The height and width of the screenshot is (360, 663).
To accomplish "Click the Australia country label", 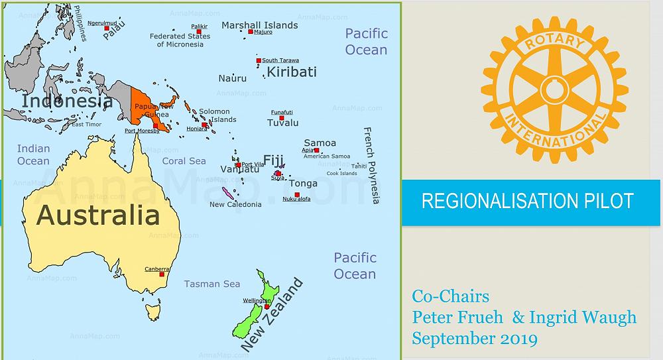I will coord(97,215).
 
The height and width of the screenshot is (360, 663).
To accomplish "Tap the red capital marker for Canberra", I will coord(162,274).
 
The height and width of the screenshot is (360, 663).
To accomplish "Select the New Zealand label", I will coord(272,315).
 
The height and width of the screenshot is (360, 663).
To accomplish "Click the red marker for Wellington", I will coord(267,306).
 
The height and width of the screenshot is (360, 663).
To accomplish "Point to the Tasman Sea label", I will coord(212,284).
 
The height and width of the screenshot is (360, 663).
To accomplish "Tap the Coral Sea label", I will coord(184,161).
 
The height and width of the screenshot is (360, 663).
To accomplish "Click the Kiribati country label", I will coord(292,72).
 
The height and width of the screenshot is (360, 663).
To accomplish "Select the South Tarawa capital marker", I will coord(259,61).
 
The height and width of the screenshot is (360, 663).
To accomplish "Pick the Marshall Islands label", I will coord(259,25).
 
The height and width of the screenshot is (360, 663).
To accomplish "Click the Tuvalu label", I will coord(282,123).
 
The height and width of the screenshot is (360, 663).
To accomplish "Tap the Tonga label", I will coord(303,184).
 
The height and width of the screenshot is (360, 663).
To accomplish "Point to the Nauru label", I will coord(233,78).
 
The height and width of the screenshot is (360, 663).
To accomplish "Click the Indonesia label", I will coord(66,101).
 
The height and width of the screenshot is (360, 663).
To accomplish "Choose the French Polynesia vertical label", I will coord(372,165).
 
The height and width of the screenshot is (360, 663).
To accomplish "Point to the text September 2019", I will coord(474,338).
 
